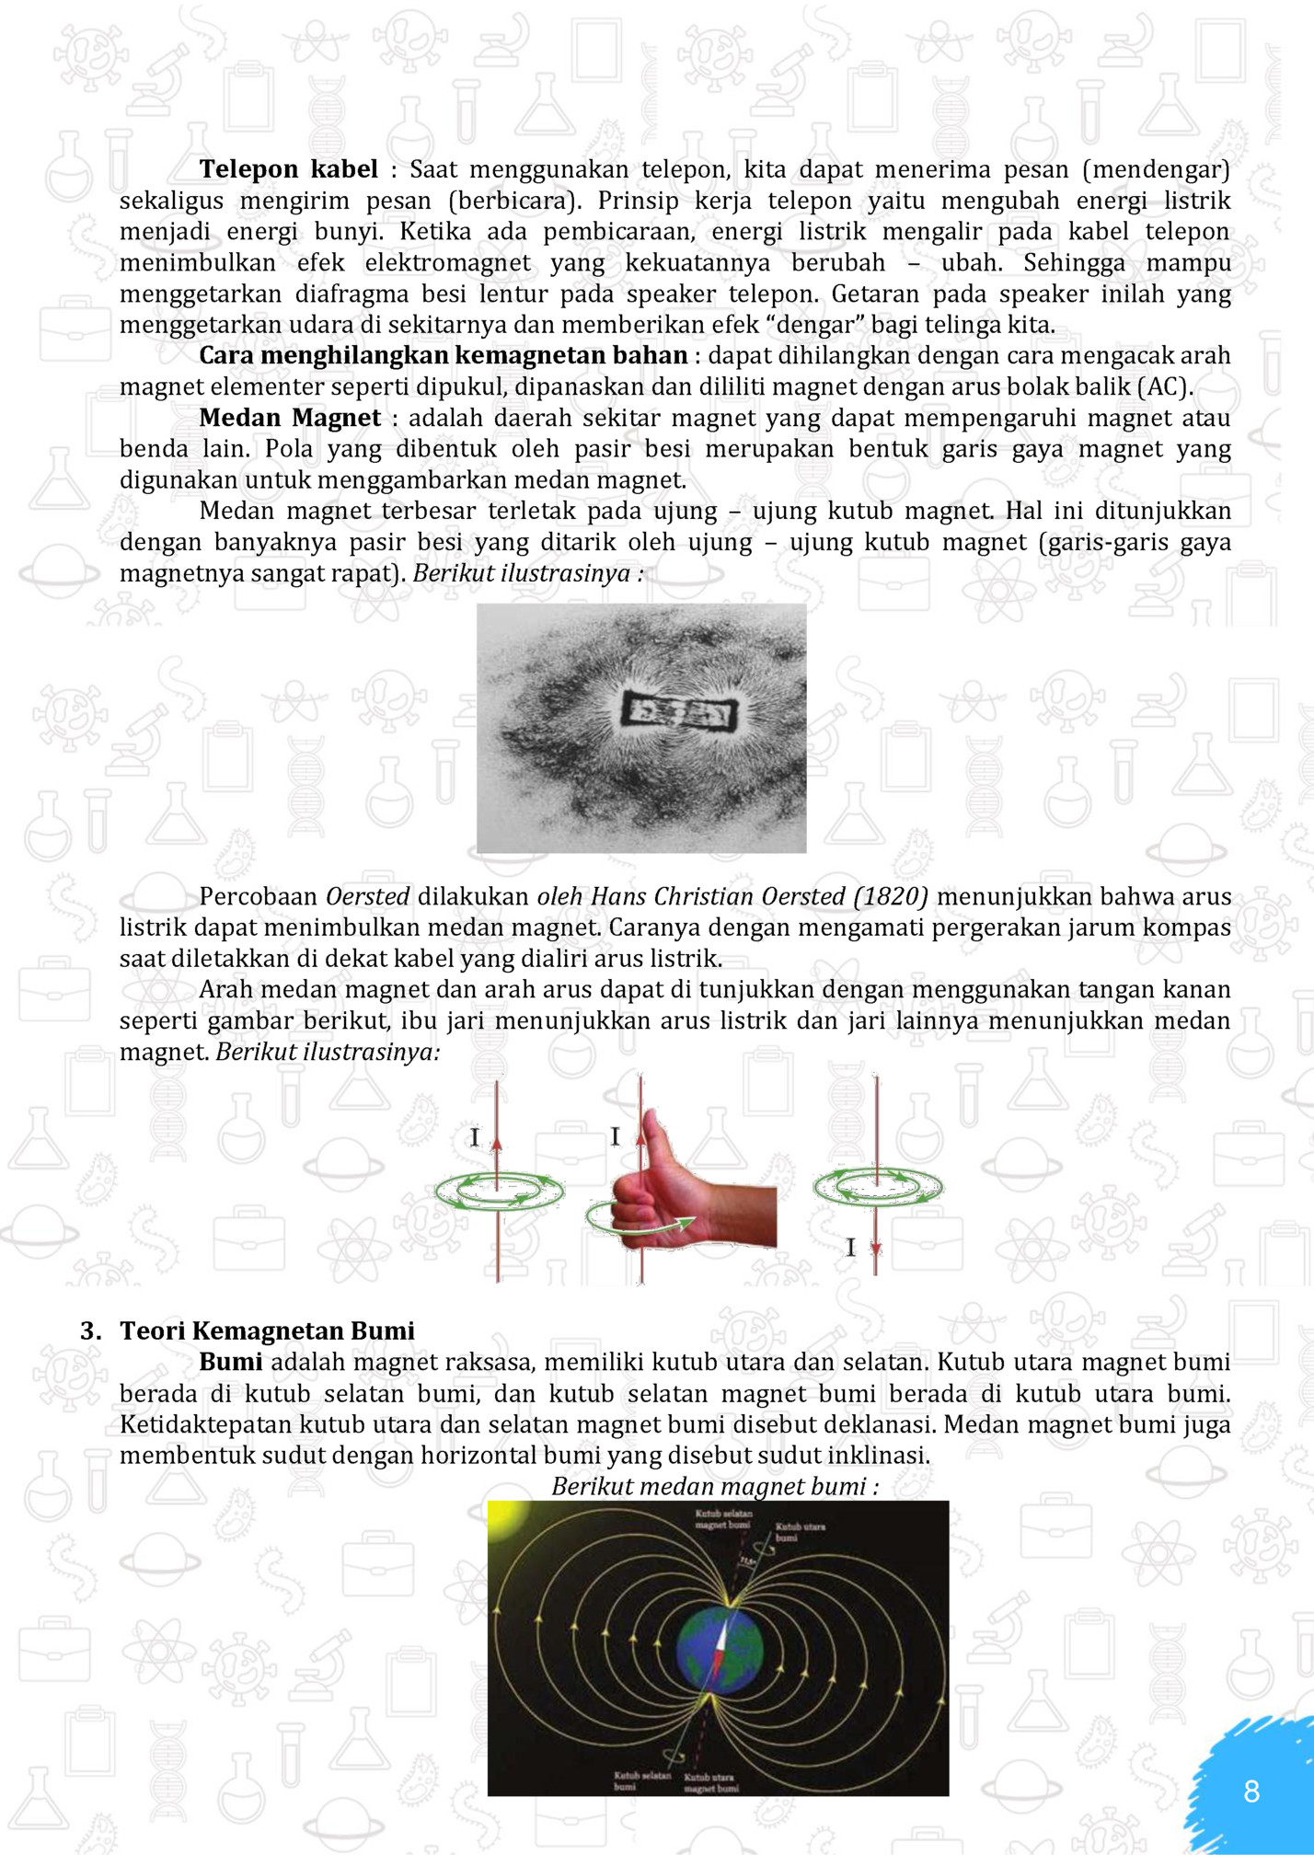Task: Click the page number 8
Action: coord(1251,1791)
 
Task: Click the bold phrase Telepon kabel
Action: coord(288,169)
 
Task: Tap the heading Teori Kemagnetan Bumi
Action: coord(267,1330)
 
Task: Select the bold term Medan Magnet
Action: coord(290,418)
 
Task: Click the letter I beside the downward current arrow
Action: coord(850,1249)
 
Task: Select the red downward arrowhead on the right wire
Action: coord(876,1249)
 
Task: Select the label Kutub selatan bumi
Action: coord(641,1780)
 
